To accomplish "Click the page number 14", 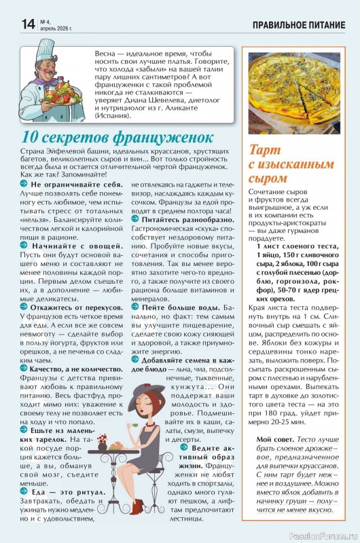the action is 11,23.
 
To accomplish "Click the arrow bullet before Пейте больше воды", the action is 135,308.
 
